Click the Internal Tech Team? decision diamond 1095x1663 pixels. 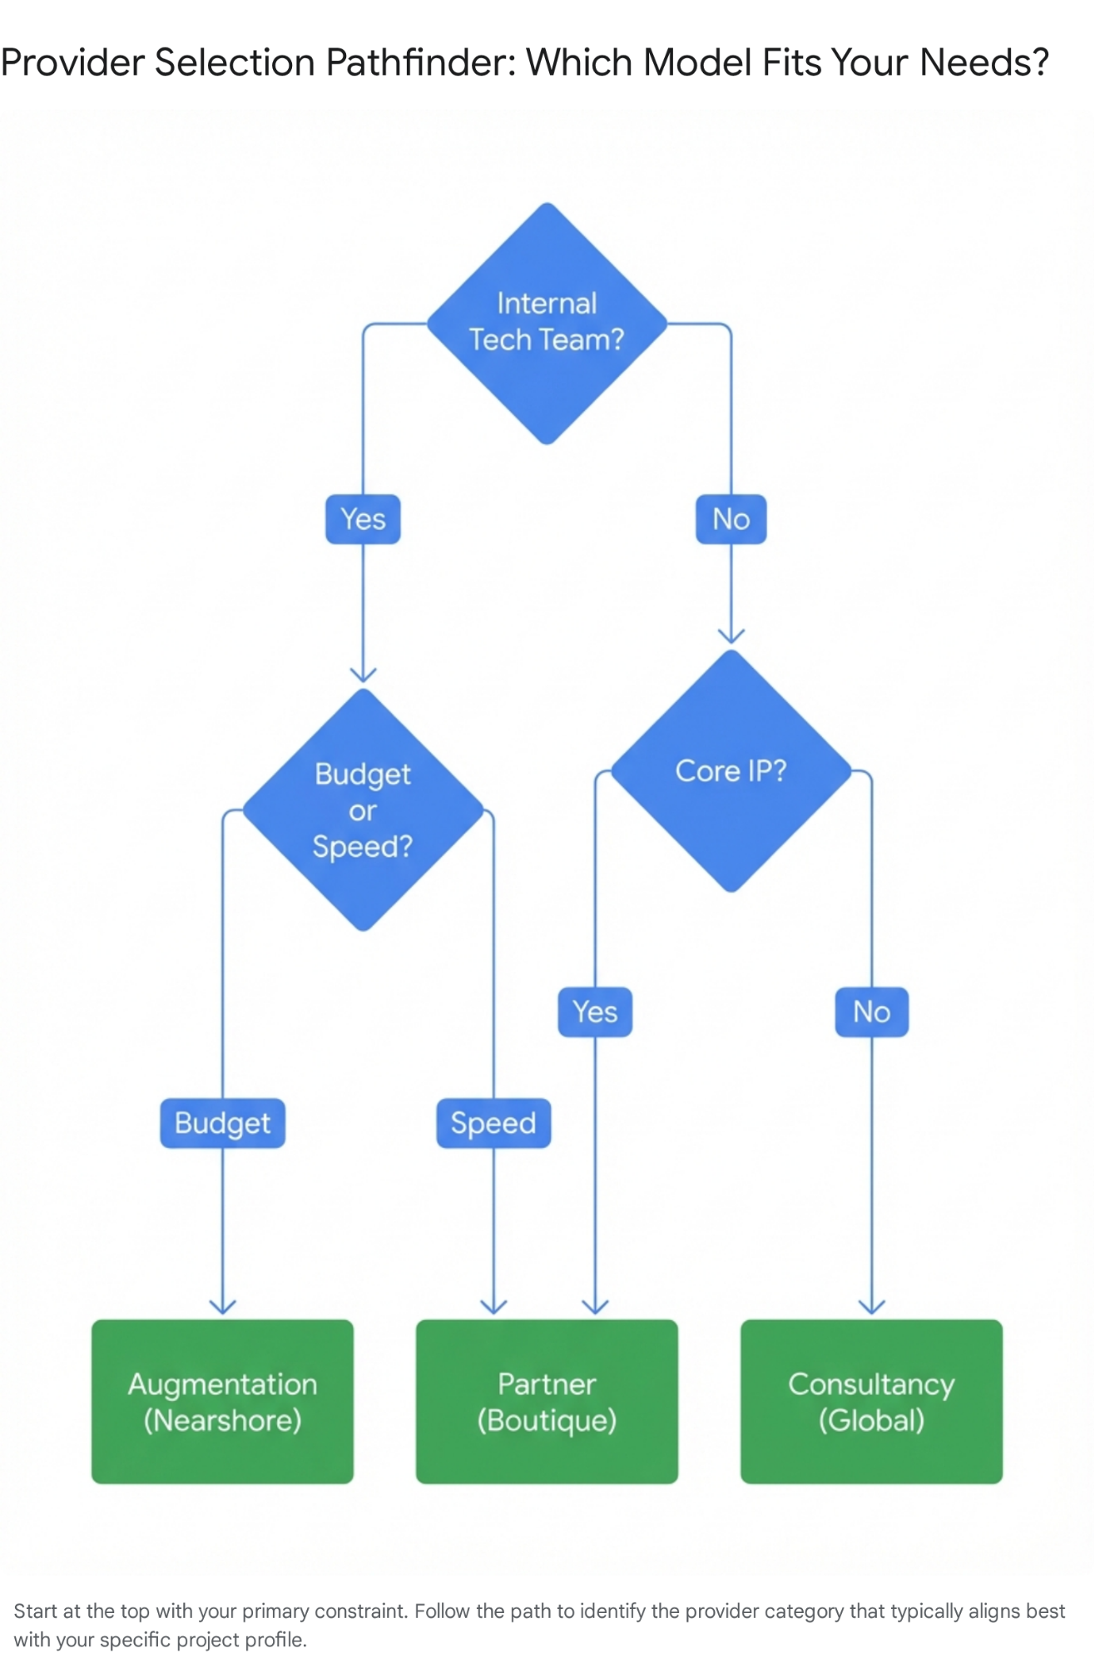[547, 323]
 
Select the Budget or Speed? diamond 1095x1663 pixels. [363, 809]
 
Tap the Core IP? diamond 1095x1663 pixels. [731, 770]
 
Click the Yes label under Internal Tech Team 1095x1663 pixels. [363, 519]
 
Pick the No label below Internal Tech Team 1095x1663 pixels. [731, 519]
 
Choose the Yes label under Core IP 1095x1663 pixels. [595, 1012]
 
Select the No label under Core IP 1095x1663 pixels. [871, 1012]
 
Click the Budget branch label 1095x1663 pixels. [222, 1123]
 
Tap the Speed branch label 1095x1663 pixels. [493, 1123]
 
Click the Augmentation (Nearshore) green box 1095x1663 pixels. [222, 1401]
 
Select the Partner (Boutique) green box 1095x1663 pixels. [547, 1401]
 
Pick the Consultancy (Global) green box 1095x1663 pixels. [871, 1401]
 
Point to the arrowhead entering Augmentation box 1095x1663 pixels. [222, 1307]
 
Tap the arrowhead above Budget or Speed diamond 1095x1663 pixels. [363, 675]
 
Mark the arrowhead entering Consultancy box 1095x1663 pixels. [871, 1307]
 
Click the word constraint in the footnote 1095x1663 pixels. [360, 1611]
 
